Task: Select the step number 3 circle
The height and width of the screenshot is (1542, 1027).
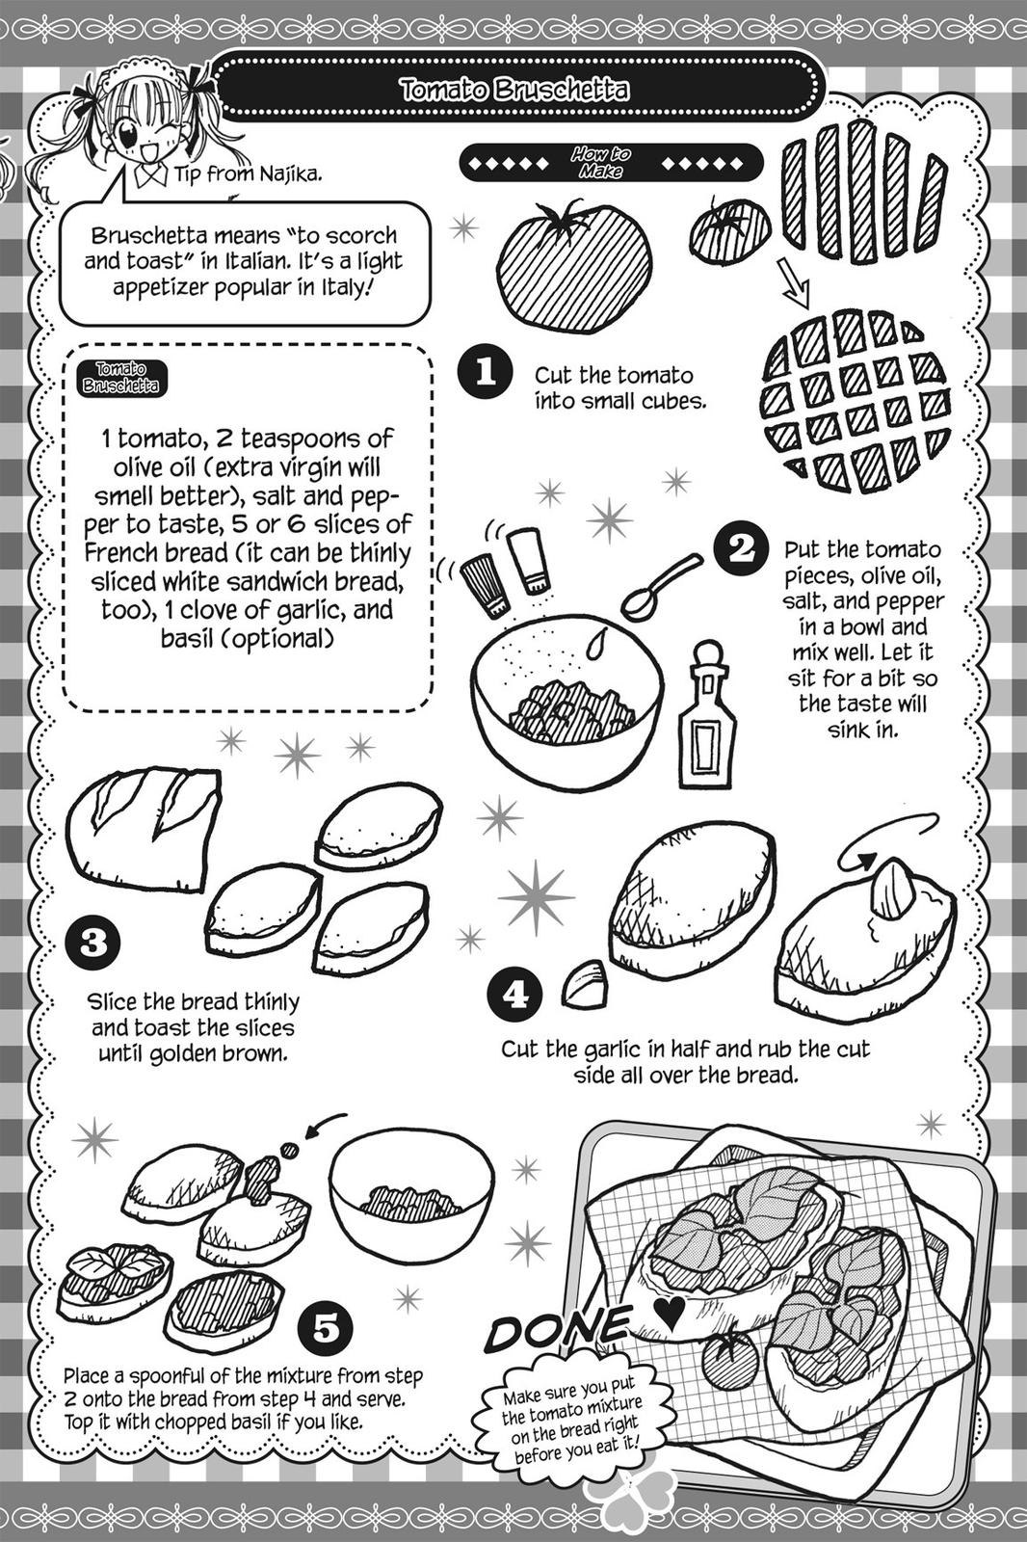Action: click(93, 942)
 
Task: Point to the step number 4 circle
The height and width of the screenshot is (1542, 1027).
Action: click(515, 994)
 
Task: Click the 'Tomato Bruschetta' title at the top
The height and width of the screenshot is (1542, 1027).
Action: click(514, 91)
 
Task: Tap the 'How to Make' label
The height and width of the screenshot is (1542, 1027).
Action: click(600, 162)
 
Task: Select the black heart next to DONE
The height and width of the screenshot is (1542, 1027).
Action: click(668, 1309)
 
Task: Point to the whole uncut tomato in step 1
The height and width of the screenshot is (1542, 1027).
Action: click(575, 264)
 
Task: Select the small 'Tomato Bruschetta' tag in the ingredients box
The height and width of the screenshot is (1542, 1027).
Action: click(120, 378)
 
